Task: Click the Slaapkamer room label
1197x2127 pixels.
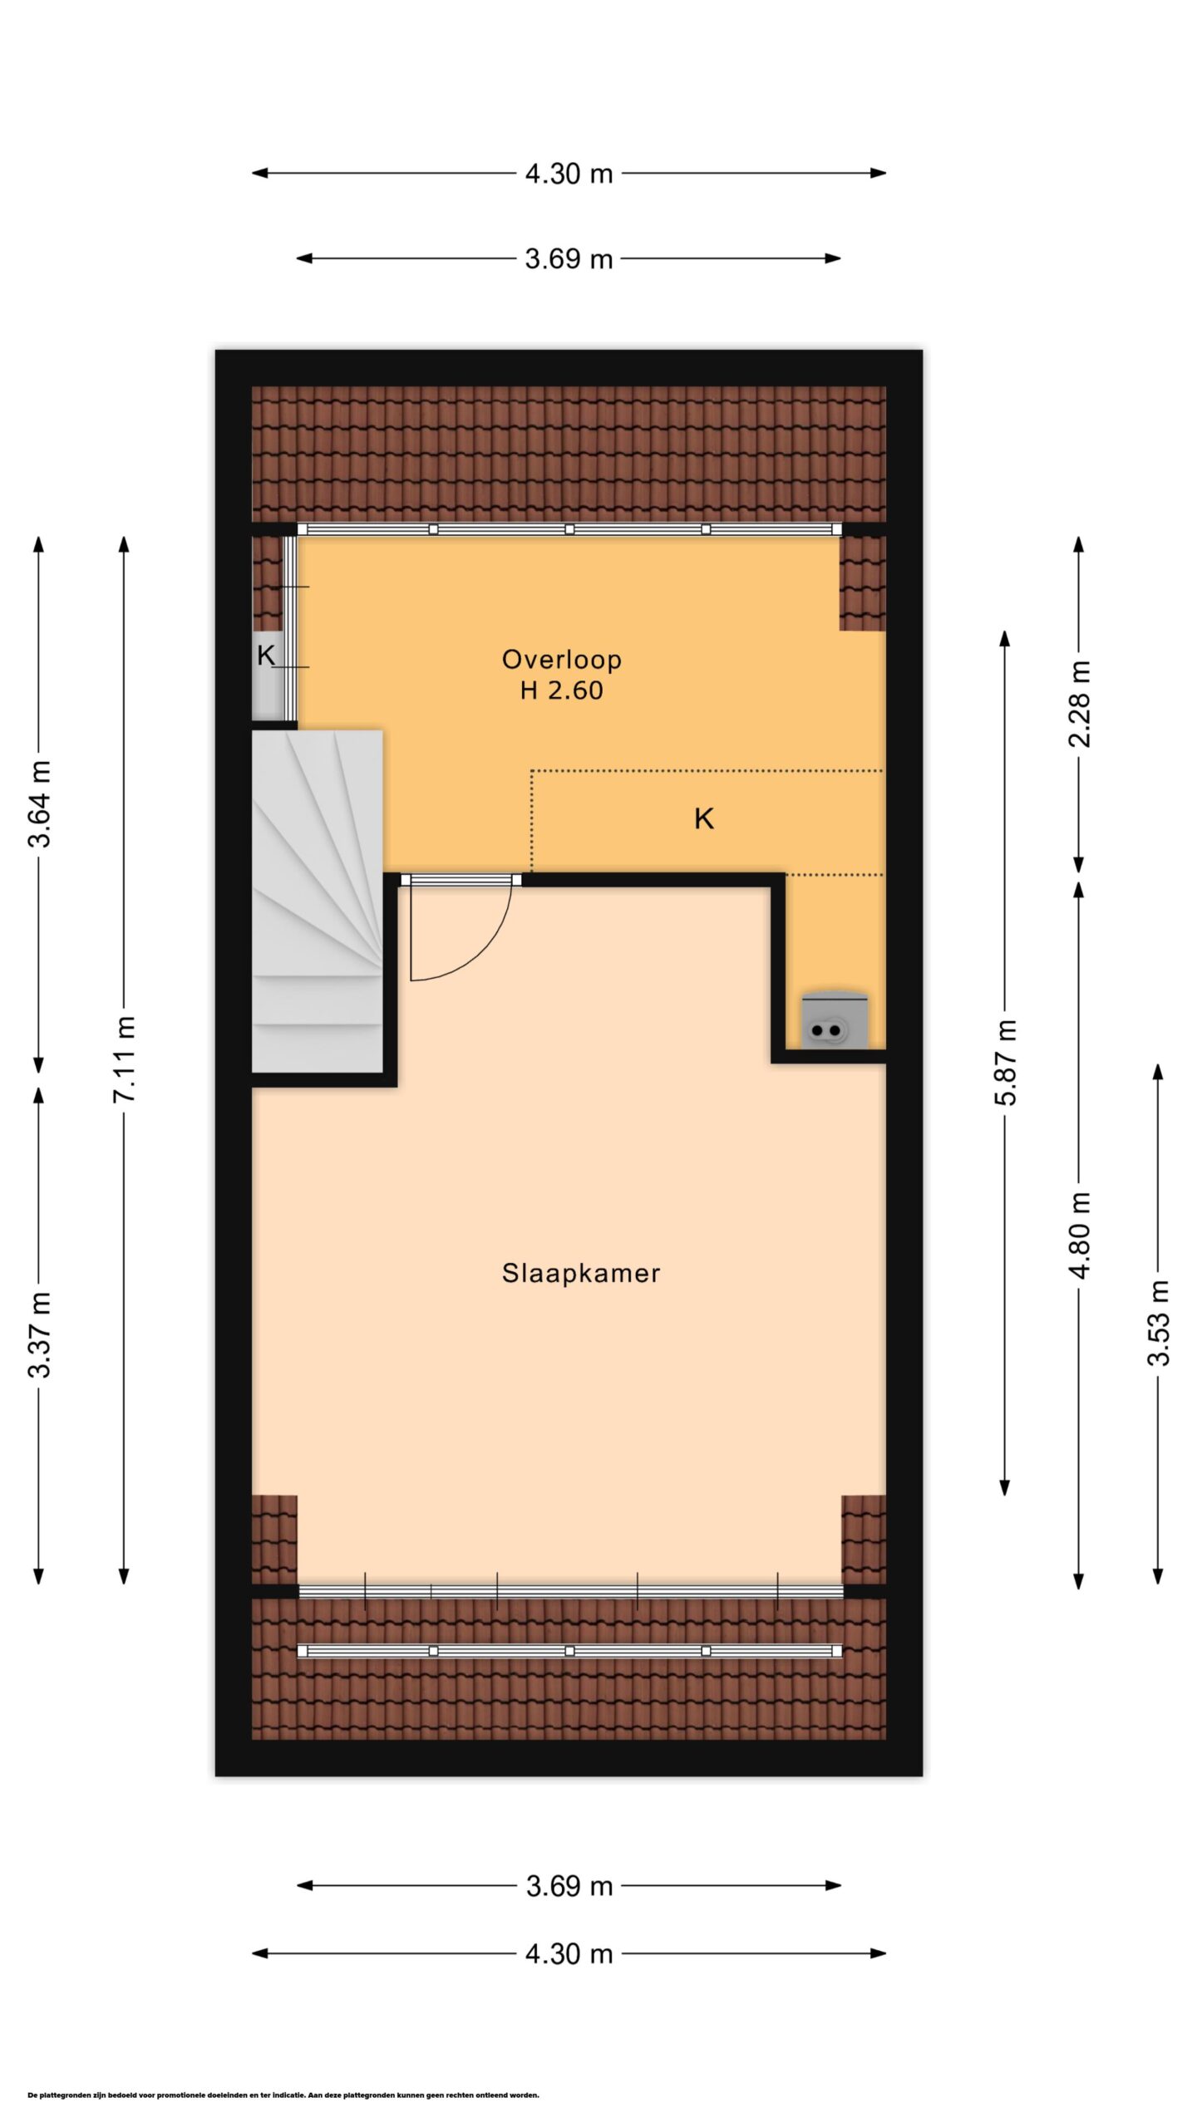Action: click(x=581, y=1274)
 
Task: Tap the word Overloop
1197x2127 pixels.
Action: click(x=562, y=660)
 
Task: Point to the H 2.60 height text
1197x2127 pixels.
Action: click(x=562, y=690)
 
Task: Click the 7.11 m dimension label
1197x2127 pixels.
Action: click(x=124, y=1059)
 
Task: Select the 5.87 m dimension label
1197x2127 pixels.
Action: click(x=1005, y=1062)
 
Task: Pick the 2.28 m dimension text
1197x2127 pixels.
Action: click(x=1079, y=704)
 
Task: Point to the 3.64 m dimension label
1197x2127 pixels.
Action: click(x=39, y=803)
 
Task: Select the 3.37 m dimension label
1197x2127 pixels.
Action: click(x=39, y=1335)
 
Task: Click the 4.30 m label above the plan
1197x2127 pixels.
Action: click(x=569, y=174)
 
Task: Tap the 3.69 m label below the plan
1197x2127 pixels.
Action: click(x=569, y=1886)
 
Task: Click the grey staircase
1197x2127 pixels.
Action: click(x=318, y=901)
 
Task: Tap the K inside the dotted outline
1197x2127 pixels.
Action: click(x=704, y=819)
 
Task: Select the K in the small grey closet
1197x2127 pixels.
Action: click(x=266, y=656)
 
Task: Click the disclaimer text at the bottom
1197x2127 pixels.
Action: click(x=283, y=2095)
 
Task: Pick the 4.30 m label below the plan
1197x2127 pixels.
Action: click(x=569, y=1953)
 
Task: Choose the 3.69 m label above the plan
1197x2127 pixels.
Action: click(x=569, y=259)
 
